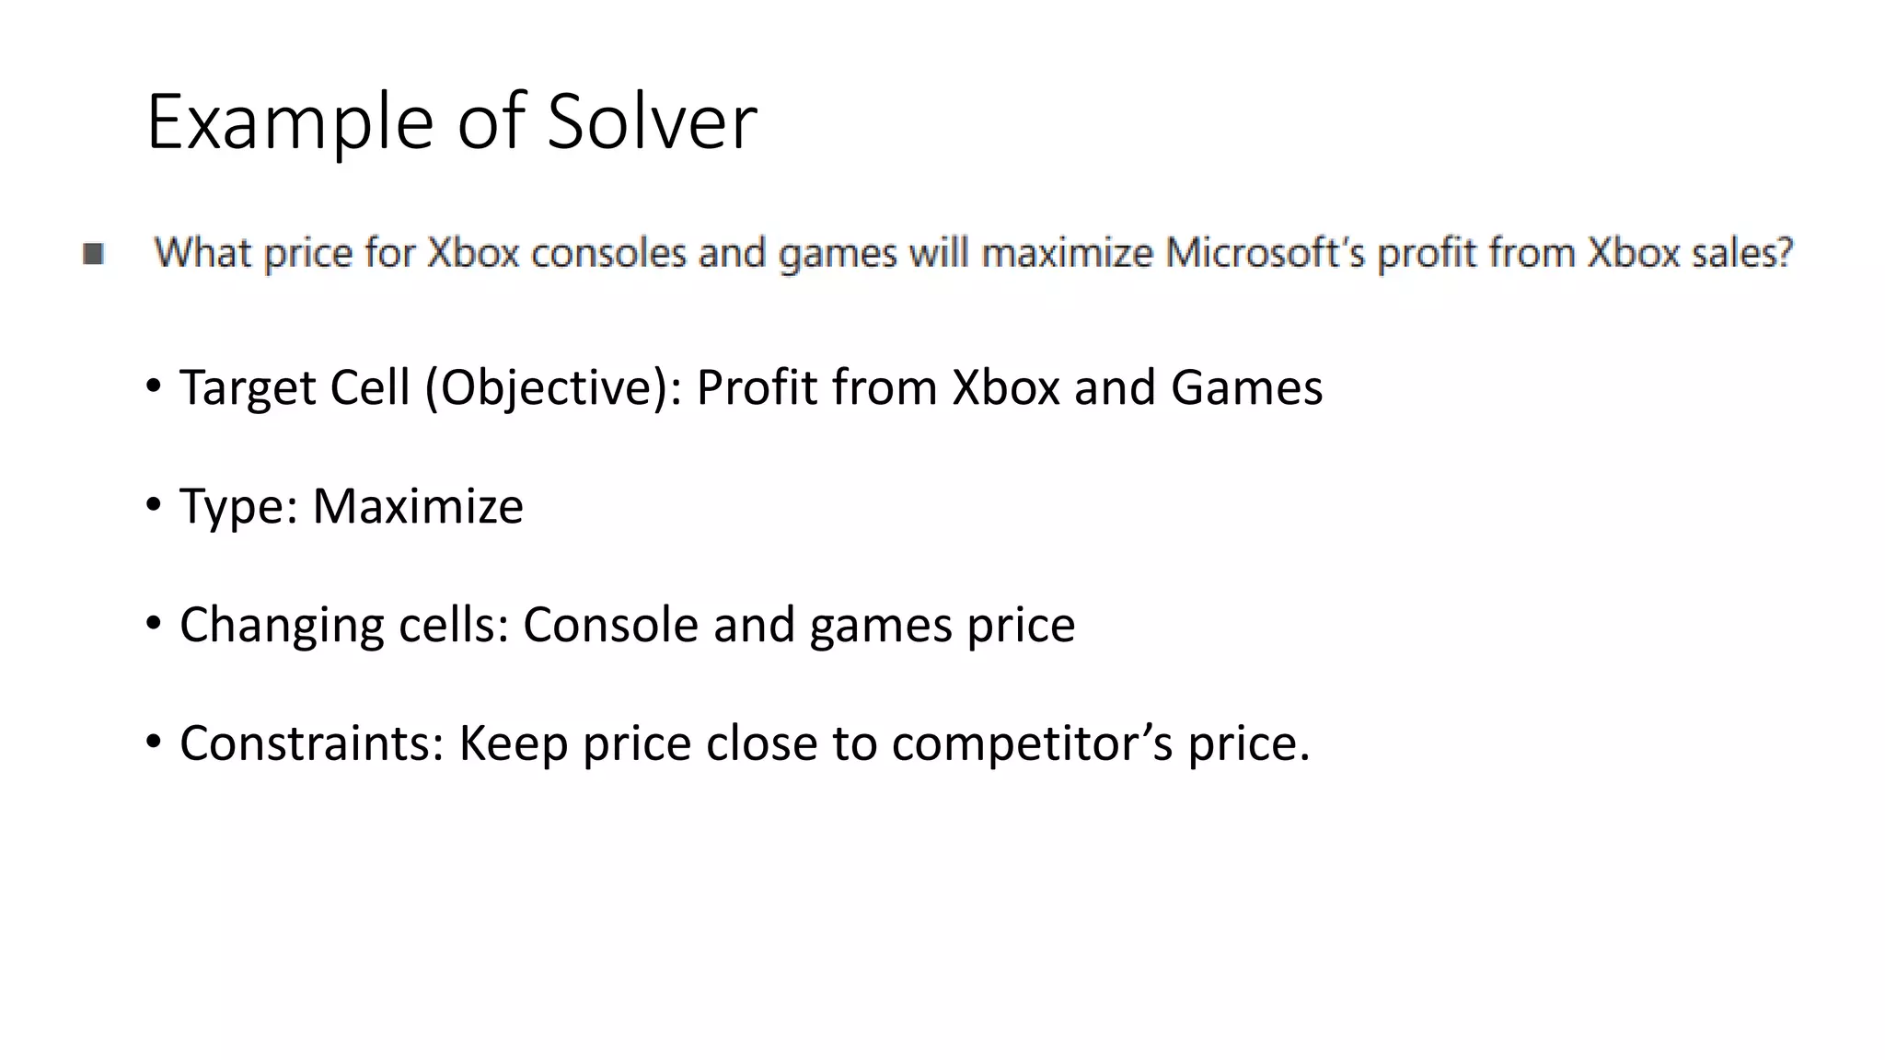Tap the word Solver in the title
652,121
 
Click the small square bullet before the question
93,253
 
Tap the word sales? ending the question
1743,252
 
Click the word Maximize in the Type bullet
418,505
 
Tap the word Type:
239,505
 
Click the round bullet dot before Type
153,503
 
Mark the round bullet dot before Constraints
153,741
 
